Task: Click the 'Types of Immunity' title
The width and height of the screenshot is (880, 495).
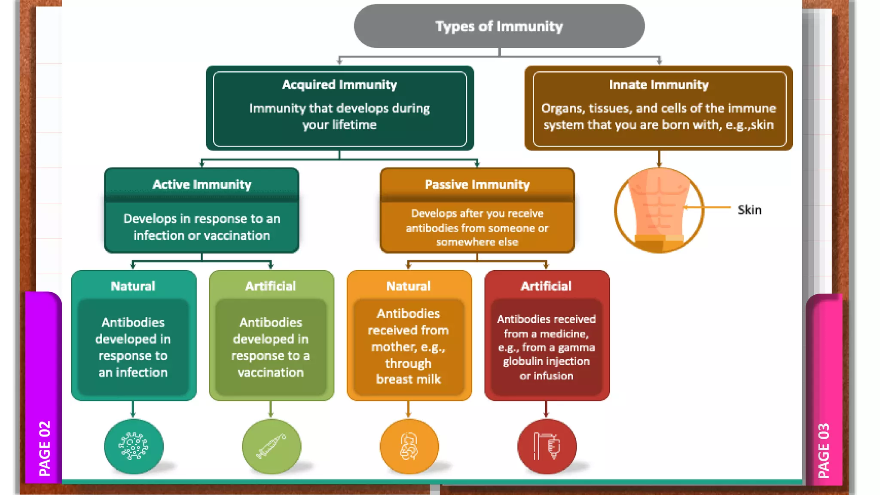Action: [499, 27]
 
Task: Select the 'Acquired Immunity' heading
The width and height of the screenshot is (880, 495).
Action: [339, 85]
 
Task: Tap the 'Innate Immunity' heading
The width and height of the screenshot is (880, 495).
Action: [658, 85]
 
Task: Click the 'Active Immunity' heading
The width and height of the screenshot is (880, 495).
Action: [202, 184]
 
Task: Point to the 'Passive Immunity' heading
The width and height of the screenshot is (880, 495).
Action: [477, 184]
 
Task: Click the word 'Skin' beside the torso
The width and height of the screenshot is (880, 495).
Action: [749, 210]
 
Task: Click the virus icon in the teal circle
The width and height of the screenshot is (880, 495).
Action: [134, 446]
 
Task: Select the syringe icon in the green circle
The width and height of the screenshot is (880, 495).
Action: [271, 446]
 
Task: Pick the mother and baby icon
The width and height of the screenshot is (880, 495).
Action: [409, 446]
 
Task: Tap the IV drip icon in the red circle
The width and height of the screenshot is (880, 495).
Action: [547, 446]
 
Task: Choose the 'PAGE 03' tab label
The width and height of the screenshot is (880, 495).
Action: [823, 450]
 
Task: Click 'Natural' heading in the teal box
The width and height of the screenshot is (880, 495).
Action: [133, 286]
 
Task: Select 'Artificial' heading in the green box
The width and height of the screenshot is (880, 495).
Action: [270, 286]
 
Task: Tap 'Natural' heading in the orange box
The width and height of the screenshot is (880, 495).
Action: [408, 286]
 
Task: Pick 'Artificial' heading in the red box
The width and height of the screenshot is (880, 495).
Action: [546, 286]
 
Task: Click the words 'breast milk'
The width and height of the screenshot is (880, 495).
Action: [408, 379]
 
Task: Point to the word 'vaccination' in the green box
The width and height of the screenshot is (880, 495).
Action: [270, 372]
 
